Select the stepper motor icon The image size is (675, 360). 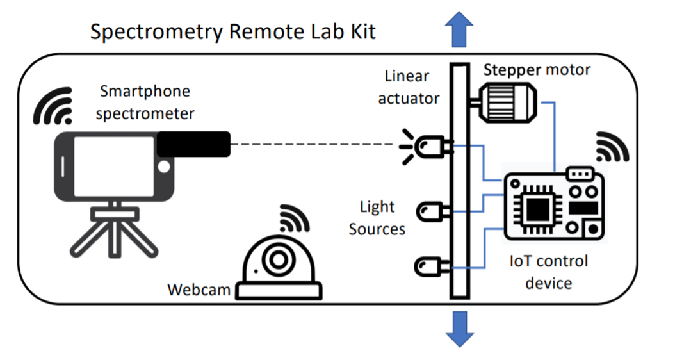(506, 103)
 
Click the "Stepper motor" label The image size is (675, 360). (537, 69)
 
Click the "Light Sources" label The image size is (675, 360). (377, 218)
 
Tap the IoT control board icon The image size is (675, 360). (554, 204)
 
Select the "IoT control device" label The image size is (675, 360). (548, 272)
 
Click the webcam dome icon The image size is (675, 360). (278, 266)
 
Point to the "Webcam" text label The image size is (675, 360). (199, 290)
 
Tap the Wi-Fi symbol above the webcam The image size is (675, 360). (293, 218)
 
